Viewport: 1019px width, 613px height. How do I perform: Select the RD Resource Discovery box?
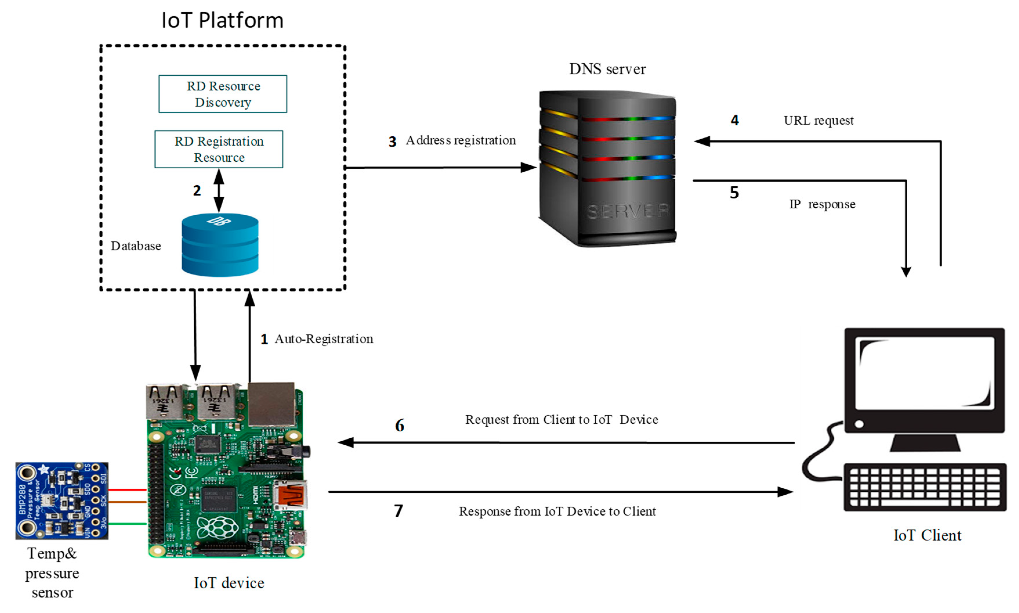click(223, 94)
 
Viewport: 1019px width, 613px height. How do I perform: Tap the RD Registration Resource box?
click(219, 149)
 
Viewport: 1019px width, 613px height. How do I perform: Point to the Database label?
click(136, 246)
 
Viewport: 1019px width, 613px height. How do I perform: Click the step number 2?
click(197, 190)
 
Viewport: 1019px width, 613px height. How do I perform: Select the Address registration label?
click(461, 140)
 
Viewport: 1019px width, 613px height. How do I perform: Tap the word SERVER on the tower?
click(628, 211)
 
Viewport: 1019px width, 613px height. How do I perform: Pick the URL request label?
click(818, 121)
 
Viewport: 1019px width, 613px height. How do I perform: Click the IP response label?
click(822, 204)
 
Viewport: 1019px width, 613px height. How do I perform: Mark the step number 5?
click(734, 193)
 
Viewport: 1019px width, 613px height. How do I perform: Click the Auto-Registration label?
click(324, 339)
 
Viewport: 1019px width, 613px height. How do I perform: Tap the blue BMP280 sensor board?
click(62, 501)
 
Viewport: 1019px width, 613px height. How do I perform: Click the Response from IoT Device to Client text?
click(557, 511)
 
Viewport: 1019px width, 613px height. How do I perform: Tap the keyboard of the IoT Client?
click(925, 487)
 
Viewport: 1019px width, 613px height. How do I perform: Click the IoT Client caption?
click(927, 535)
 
